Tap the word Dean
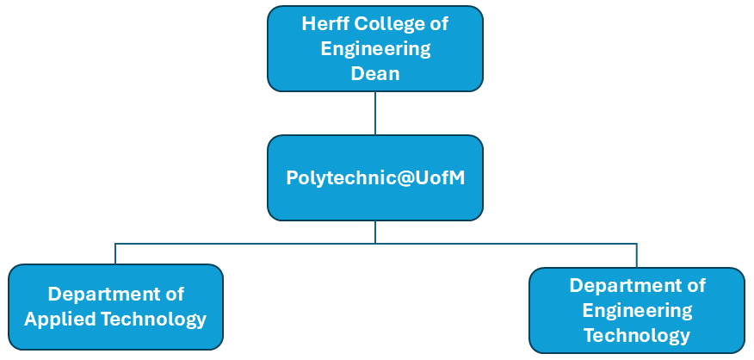pos(375,73)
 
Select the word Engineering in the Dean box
pos(375,48)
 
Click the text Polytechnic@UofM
pos(375,177)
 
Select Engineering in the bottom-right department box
pos(637,310)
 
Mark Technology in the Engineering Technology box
pos(637,335)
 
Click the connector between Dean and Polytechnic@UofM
pos(375,113)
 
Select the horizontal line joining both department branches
pos(258,244)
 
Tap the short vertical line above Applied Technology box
pos(115,254)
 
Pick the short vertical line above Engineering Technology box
pos(637,256)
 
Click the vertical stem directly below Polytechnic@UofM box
pos(375,232)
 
